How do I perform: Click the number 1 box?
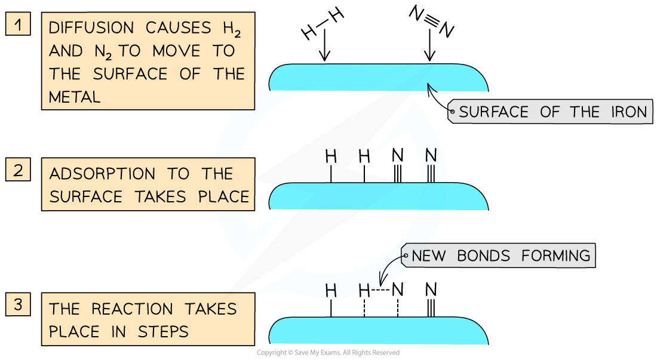(18, 25)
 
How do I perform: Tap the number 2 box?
(18, 170)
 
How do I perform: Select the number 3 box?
(18, 304)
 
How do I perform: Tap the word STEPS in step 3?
(162, 331)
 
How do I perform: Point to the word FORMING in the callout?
(555, 256)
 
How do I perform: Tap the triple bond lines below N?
(431, 173)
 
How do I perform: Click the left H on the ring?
(331, 291)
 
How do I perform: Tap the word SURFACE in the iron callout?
(494, 112)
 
